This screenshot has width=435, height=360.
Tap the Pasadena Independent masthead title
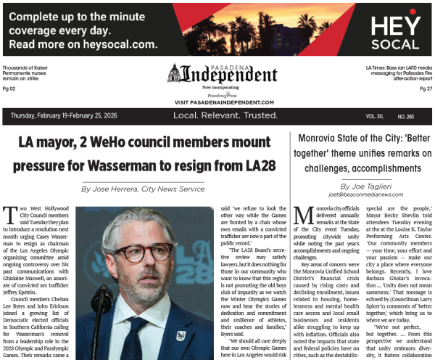(x=230, y=75)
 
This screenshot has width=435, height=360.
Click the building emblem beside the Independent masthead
(x=174, y=73)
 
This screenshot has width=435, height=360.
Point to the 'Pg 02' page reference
(x=9, y=89)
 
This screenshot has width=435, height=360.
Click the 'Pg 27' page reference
(x=426, y=89)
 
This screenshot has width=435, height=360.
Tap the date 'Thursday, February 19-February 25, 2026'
(x=65, y=116)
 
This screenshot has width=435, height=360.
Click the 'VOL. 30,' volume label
(x=376, y=116)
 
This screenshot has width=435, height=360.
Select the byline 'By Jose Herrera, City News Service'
(x=143, y=189)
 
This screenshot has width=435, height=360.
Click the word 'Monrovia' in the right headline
(x=322, y=137)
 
